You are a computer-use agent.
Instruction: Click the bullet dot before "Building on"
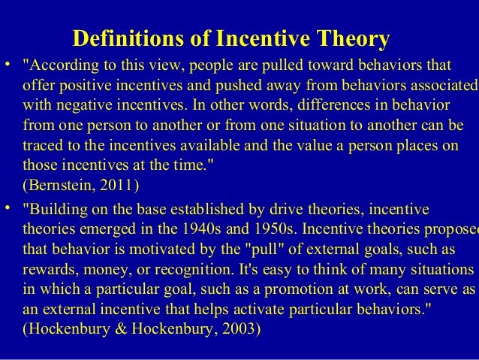[x=8, y=204]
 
